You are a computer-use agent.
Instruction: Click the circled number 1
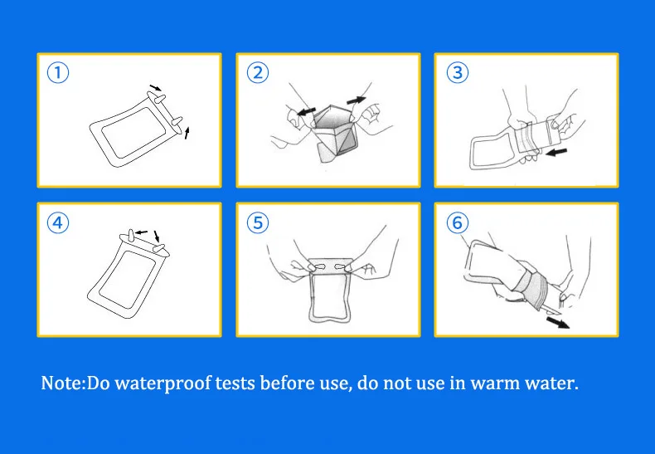pos(58,73)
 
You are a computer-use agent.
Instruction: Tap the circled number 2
pos(258,73)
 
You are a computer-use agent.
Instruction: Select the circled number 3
pos(458,73)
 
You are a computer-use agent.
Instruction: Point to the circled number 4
pos(58,222)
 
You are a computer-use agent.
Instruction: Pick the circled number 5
pos(258,222)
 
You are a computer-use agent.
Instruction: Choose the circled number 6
pos(458,222)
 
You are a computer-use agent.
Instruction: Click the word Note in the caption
pos(62,383)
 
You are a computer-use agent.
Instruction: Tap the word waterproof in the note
pos(163,383)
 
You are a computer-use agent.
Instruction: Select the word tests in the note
pos(235,383)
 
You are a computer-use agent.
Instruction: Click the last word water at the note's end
pos(550,383)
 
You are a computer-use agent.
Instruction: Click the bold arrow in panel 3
pos(556,152)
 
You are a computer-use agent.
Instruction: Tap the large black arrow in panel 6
pos(558,322)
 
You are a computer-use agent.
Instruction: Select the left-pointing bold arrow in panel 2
pos(306,111)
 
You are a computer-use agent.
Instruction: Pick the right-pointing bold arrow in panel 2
pos(357,100)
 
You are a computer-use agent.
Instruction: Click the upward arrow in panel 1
pos(187,133)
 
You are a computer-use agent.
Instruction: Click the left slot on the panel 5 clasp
pos(319,266)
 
